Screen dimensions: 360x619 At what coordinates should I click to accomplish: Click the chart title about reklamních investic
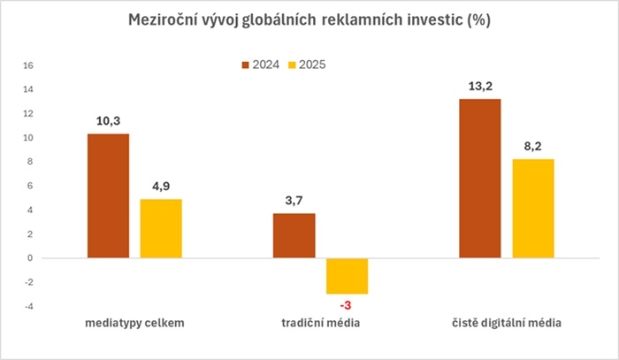coord(309,20)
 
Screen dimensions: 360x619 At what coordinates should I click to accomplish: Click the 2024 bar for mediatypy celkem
coord(109,195)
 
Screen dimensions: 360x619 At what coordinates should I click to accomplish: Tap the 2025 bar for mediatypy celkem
coord(161,228)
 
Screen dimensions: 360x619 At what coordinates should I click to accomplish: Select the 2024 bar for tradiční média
coord(294,235)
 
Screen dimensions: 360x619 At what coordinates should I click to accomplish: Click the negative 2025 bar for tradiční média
coord(347,276)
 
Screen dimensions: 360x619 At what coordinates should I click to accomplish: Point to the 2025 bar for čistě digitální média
coord(532,208)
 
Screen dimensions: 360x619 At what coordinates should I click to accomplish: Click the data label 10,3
coord(109,120)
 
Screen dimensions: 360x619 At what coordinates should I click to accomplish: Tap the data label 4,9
coord(161,186)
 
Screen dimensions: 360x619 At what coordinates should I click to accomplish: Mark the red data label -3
coord(347,305)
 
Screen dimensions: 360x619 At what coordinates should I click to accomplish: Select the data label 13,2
coord(480,86)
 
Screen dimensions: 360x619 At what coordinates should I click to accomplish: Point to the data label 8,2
coord(532,146)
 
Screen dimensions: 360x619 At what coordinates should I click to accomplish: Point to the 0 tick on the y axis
coord(30,258)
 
